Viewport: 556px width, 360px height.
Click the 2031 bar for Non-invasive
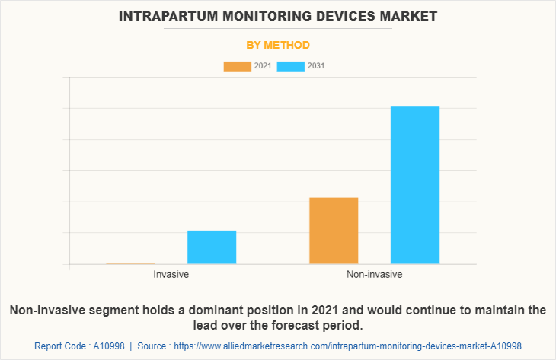[415, 185]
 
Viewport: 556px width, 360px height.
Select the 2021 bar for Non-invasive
[334, 231]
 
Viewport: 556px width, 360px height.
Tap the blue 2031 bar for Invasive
[212, 247]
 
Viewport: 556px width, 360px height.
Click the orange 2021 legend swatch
[237, 66]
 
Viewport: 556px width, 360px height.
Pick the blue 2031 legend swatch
[290, 66]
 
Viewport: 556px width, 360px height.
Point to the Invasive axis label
[171, 274]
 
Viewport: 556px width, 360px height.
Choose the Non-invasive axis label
[374, 274]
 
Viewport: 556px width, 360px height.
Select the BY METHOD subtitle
[278, 45]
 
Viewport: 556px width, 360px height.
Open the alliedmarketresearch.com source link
[349, 346]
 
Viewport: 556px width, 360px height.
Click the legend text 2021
[262, 66]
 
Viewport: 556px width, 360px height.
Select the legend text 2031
[316, 66]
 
